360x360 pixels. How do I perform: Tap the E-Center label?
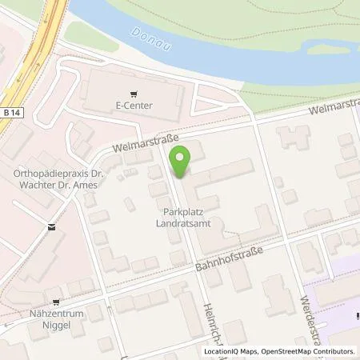[134, 105]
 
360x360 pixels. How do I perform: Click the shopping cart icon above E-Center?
[134, 92]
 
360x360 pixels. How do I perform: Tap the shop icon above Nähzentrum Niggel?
[56, 302]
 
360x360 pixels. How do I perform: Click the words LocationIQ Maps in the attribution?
[233, 351]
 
